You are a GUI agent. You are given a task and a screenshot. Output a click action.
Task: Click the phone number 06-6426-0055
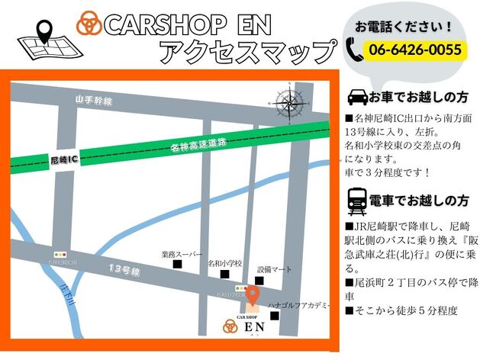click(415, 50)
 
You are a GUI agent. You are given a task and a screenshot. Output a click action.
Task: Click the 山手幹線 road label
click(94, 100)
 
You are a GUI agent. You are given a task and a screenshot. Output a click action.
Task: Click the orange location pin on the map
click(253, 295)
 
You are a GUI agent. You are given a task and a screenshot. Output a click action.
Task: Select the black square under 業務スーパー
click(178, 265)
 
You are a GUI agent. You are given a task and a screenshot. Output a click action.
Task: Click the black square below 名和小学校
click(224, 274)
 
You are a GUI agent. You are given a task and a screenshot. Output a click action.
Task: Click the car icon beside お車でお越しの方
click(356, 98)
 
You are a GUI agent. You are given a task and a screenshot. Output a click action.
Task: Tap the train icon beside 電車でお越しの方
click(356, 201)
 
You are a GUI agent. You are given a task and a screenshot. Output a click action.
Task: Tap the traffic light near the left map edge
click(60, 254)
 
